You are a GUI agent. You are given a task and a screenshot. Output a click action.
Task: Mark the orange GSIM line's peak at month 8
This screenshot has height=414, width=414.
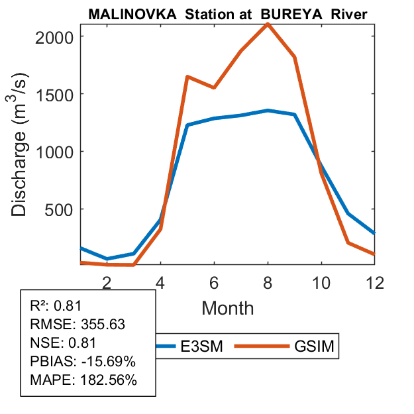[268, 24]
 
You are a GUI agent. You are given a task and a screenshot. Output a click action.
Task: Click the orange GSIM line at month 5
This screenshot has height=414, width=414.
[187, 77]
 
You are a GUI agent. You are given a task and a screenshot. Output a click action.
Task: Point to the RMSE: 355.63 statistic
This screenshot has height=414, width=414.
[78, 325]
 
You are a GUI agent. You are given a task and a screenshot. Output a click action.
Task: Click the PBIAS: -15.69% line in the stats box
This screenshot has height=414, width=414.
[83, 362]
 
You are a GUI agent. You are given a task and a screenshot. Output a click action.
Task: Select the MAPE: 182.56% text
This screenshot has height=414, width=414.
[83, 380]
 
